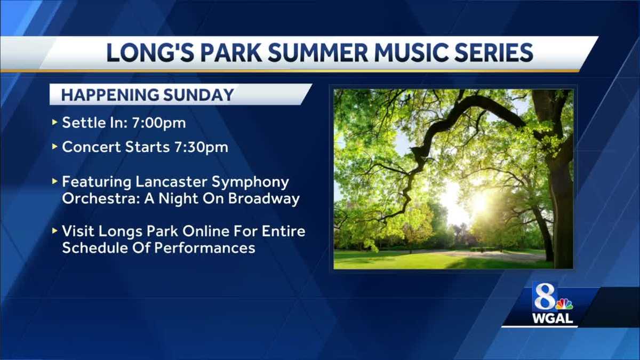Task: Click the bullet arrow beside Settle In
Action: [x=54, y=123]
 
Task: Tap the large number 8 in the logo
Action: [x=545, y=298]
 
